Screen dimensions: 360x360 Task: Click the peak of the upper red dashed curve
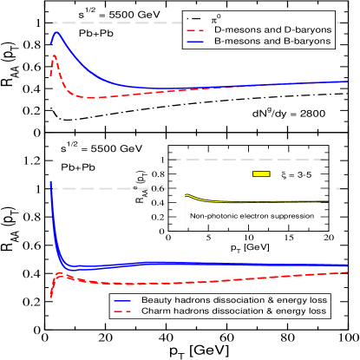(x=54, y=56)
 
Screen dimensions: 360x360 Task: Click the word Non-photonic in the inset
(x=209, y=214)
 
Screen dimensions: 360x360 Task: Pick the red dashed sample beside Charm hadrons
(x=124, y=311)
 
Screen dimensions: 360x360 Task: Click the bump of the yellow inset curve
(x=188, y=195)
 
